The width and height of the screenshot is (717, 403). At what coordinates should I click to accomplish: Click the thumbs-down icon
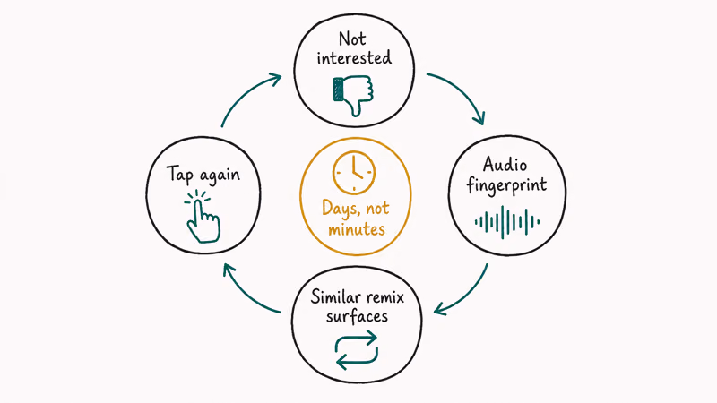pos(353,96)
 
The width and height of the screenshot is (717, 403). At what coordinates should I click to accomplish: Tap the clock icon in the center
pos(354,173)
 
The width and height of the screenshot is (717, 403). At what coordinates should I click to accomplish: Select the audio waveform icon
pos(506,222)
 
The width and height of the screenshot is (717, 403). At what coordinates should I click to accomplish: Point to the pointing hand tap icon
pos(203,216)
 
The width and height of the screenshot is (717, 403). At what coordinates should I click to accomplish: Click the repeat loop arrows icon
pos(357,350)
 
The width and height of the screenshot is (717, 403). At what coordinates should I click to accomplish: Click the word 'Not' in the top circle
pos(352,39)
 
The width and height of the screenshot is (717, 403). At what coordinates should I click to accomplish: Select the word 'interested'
pos(354,58)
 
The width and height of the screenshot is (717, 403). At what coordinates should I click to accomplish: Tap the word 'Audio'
pos(505,165)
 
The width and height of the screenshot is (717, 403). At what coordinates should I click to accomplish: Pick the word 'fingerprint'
pos(506,185)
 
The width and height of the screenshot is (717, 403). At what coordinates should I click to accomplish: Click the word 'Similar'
pos(333,297)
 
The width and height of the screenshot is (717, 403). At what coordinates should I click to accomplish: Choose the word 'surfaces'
pos(357,316)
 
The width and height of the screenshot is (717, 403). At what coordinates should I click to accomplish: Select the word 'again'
pos(220,176)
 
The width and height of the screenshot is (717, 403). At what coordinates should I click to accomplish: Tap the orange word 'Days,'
pos(339,209)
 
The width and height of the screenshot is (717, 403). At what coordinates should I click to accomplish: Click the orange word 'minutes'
pos(357,229)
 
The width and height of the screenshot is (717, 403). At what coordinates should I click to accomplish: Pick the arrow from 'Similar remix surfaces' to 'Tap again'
pos(247,294)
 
